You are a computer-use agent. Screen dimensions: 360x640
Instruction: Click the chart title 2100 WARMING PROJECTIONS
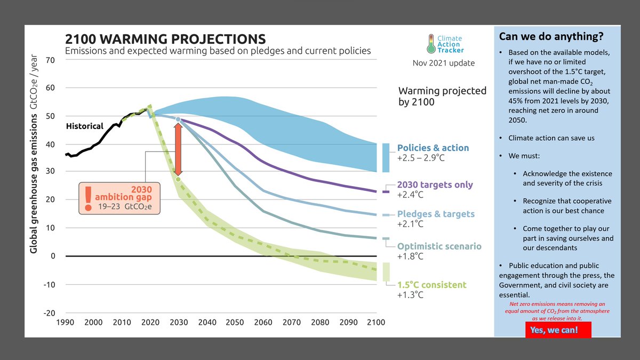165,39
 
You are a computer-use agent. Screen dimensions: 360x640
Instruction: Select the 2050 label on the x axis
235,322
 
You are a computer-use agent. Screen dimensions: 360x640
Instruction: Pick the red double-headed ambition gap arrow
178,149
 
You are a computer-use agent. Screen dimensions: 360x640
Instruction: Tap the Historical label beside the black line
84,126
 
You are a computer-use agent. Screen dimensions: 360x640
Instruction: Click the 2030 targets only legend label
435,185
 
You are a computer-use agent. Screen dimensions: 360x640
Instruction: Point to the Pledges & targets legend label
436,214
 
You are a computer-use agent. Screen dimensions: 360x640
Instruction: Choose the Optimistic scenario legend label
439,246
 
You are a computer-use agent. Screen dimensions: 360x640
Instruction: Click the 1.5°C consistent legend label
431,284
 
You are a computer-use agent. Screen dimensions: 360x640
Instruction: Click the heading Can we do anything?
551,37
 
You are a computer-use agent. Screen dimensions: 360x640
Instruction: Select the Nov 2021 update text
443,63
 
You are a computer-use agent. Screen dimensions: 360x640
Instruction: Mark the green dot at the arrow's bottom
178,179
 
